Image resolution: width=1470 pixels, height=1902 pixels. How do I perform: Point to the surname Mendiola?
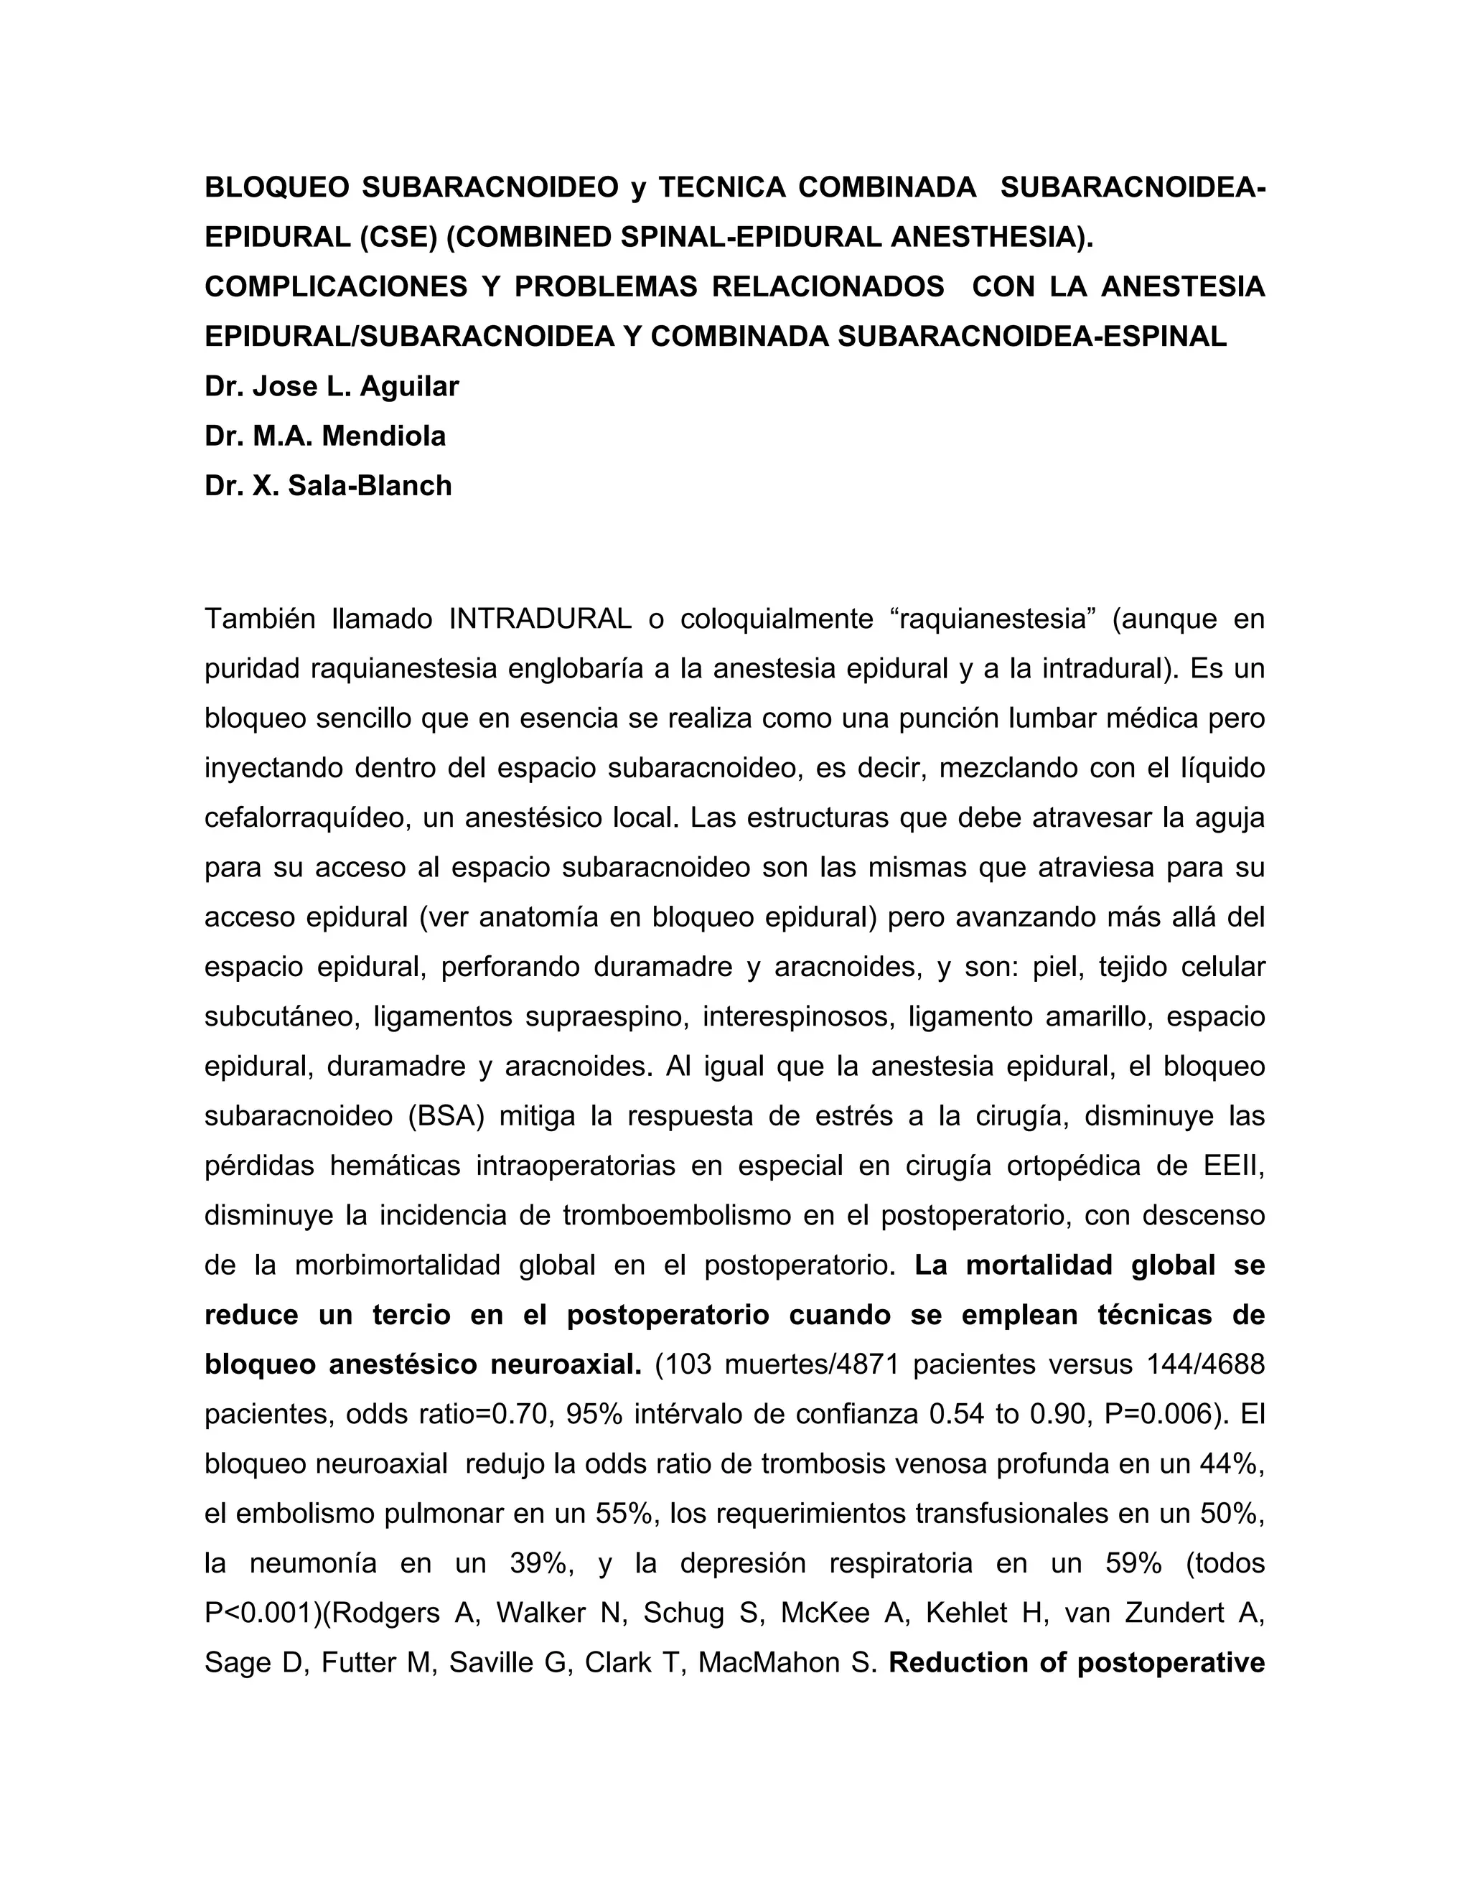coord(384,436)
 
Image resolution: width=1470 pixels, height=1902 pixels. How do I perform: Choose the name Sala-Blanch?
coord(370,485)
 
